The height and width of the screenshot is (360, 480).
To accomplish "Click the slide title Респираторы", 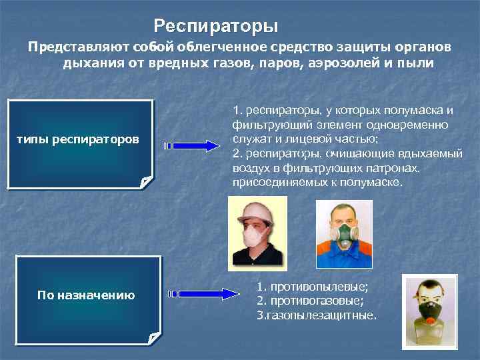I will [x=215, y=27].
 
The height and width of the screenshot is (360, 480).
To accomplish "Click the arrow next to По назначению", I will [x=203, y=293].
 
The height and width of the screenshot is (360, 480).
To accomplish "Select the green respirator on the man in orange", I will [x=345, y=234].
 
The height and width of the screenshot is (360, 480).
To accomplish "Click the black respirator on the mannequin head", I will [x=430, y=311].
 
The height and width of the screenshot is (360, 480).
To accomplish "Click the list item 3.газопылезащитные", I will [x=316, y=314].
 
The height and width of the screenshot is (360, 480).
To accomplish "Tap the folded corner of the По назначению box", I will [x=155, y=338].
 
